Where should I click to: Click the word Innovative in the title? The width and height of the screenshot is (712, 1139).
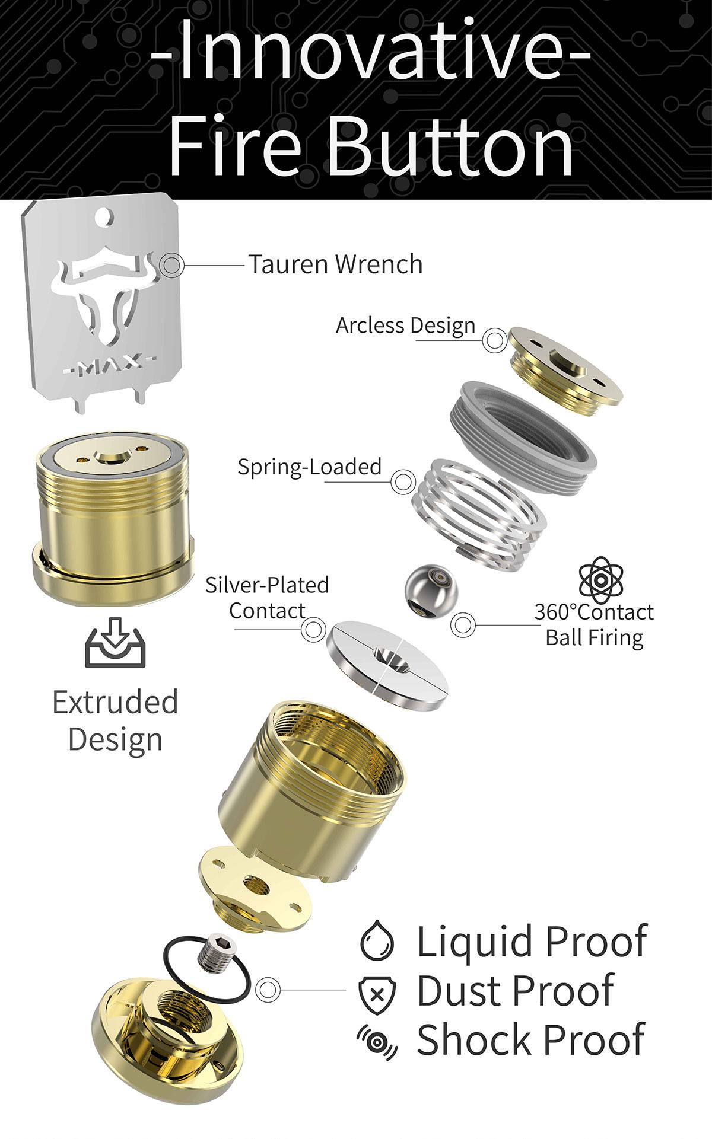[370, 50]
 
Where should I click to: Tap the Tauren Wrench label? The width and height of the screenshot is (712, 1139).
[335, 264]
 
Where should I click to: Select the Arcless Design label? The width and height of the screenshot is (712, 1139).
[405, 326]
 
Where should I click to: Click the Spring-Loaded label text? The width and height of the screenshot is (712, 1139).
[309, 467]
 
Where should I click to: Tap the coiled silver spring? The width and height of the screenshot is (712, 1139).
[481, 513]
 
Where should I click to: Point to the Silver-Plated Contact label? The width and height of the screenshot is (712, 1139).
[267, 598]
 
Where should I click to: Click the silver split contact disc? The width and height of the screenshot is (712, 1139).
[388, 663]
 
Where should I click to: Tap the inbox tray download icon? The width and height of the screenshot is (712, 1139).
[115, 643]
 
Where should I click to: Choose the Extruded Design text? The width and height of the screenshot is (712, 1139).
[115, 720]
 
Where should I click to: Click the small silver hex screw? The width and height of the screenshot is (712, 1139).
[215, 956]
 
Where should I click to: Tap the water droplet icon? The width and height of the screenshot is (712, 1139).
[377, 942]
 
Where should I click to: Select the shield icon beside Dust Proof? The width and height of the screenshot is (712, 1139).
[377, 993]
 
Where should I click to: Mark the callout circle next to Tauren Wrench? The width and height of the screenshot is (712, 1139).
[172, 264]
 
